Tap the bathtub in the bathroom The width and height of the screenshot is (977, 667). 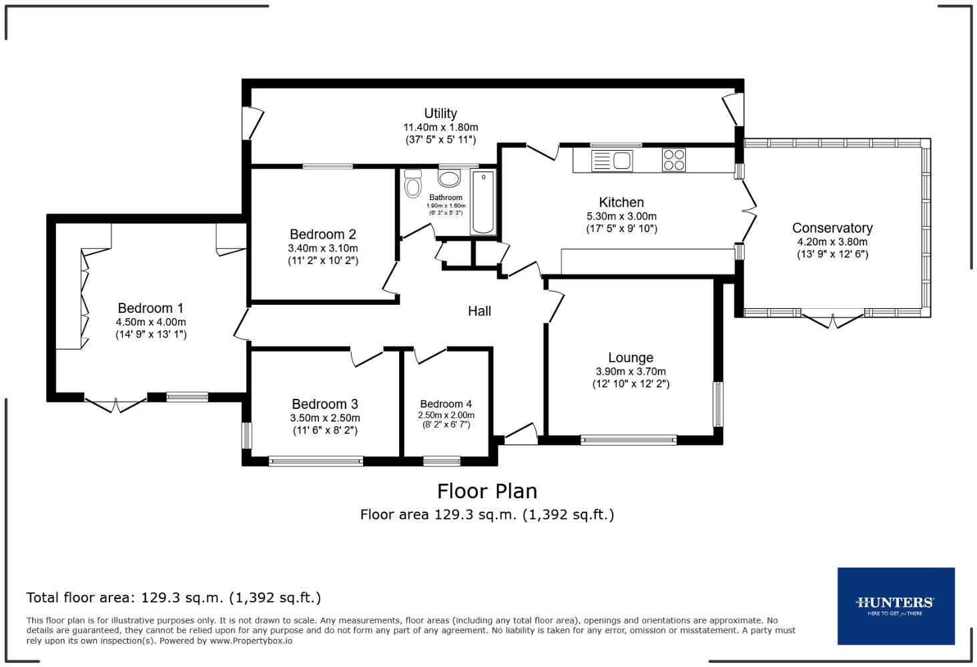tap(483, 202)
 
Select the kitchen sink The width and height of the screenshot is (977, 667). tap(612, 161)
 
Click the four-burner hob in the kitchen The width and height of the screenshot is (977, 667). tap(673, 160)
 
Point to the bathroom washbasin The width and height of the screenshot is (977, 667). tap(449, 178)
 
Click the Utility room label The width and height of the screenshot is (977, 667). tap(440, 113)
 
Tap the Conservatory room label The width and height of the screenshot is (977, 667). tap(832, 228)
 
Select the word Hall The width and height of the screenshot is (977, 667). tap(479, 311)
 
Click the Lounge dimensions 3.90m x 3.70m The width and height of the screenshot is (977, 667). tap(631, 372)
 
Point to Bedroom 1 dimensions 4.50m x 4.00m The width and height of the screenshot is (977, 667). tap(150, 322)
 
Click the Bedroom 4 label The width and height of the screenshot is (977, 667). tap(446, 404)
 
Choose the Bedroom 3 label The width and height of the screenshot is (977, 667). tap(325, 404)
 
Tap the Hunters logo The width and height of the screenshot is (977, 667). tap(896, 606)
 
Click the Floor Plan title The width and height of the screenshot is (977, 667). tap(486, 492)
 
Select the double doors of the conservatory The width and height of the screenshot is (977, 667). tap(832, 321)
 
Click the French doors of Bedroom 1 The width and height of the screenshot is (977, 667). tap(115, 404)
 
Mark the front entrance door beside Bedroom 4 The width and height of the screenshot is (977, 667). tap(521, 434)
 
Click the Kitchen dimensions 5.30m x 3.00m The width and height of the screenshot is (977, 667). tap(621, 216)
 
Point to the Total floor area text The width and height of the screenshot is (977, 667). tap(174, 598)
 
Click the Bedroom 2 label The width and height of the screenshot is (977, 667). tap(323, 234)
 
